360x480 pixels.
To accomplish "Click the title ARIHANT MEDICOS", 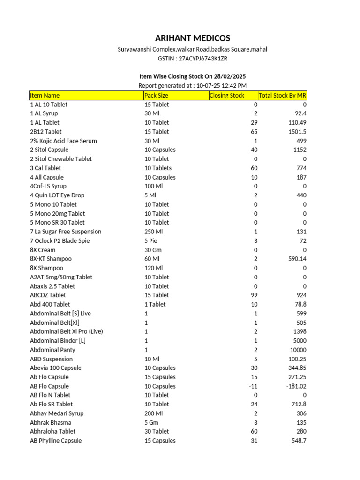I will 192,38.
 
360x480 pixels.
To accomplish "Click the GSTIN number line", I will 192,59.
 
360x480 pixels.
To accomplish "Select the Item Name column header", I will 45,96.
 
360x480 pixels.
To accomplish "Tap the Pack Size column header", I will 156,96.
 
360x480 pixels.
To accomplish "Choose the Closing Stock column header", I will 227,96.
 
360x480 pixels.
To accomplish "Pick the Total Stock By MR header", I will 283,96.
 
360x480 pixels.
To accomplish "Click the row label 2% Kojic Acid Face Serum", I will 63,141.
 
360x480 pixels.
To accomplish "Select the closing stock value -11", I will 253,386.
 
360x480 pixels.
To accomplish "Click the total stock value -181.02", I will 295,386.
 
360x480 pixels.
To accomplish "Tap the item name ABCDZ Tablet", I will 48,295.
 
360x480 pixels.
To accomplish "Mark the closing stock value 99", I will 254,295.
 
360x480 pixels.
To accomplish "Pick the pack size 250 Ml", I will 153,232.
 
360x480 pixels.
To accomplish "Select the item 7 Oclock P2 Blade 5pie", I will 60,241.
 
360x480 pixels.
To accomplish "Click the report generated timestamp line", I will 192,86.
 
